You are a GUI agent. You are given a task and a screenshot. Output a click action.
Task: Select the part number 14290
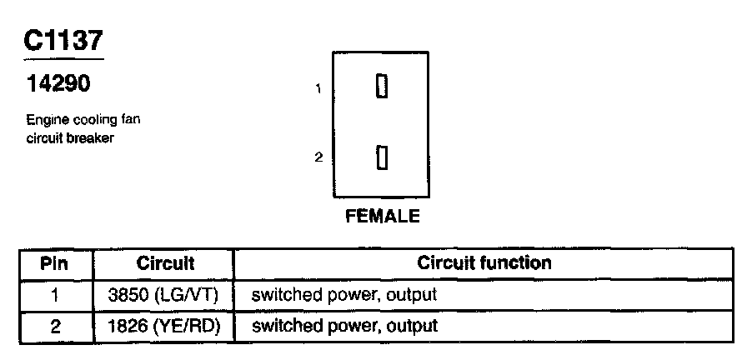[58, 84]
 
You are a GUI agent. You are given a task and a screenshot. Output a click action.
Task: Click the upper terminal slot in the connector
[382, 87]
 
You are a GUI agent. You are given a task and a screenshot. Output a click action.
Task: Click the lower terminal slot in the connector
[382, 157]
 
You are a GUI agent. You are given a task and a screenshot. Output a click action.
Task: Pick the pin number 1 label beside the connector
[318, 88]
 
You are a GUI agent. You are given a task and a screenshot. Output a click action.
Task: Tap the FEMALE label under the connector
[382, 217]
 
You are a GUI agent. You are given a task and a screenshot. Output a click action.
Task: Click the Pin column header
[54, 263]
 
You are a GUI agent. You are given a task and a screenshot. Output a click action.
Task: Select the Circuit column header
[165, 263]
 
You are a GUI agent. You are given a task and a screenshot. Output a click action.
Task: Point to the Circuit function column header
[484, 263]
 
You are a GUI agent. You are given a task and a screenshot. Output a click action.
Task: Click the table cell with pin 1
[54, 294]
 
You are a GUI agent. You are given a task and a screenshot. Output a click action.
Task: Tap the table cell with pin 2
[54, 325]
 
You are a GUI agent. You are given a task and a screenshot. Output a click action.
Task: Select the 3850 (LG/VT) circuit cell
[165, 294]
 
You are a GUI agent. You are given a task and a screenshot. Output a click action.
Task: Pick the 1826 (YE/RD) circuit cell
[165, 325]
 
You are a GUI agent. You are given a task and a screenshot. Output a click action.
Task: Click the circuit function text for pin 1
[343, 294]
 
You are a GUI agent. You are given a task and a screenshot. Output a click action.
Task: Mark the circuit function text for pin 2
[343, 325]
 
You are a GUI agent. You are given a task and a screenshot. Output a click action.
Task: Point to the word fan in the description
[130, 120]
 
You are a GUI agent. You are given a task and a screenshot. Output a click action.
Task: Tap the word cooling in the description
[94, 120]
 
